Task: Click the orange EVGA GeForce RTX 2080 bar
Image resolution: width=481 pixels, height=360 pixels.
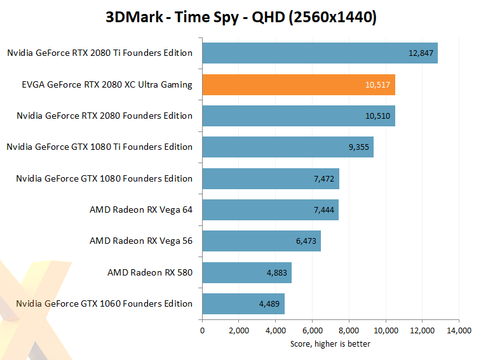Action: coord(299,84)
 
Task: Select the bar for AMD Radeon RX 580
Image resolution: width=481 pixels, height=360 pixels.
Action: coord(247,272)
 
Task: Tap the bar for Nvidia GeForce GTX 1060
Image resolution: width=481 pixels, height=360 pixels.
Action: coord(243,304)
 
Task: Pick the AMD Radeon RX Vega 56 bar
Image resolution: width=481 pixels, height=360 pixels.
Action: coord(262,241)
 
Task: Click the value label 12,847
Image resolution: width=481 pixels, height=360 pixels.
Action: coord(421,53)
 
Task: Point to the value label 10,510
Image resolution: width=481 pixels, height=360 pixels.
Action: coord(377,116)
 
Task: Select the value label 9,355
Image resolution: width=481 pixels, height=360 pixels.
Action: coord(358,147)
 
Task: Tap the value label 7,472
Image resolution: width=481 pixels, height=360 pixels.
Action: coord(324,179)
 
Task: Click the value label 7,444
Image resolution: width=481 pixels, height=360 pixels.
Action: coord(324,210)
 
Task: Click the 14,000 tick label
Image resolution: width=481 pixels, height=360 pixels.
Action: coord(459,331)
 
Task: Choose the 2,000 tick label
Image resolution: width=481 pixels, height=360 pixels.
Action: coord(239,331)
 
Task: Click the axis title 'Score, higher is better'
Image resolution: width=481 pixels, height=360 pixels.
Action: coord(330,344)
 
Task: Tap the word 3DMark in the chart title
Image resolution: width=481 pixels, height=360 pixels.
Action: coord(134,17)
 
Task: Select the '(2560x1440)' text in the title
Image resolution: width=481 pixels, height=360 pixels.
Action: coord(332,18)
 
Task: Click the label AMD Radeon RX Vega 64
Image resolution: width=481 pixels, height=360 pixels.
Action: coord(141,210)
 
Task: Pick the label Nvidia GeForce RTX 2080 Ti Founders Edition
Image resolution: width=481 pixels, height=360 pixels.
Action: coord(100,53)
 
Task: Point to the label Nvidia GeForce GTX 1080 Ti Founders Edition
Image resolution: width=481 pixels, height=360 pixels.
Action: coord(100,147)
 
